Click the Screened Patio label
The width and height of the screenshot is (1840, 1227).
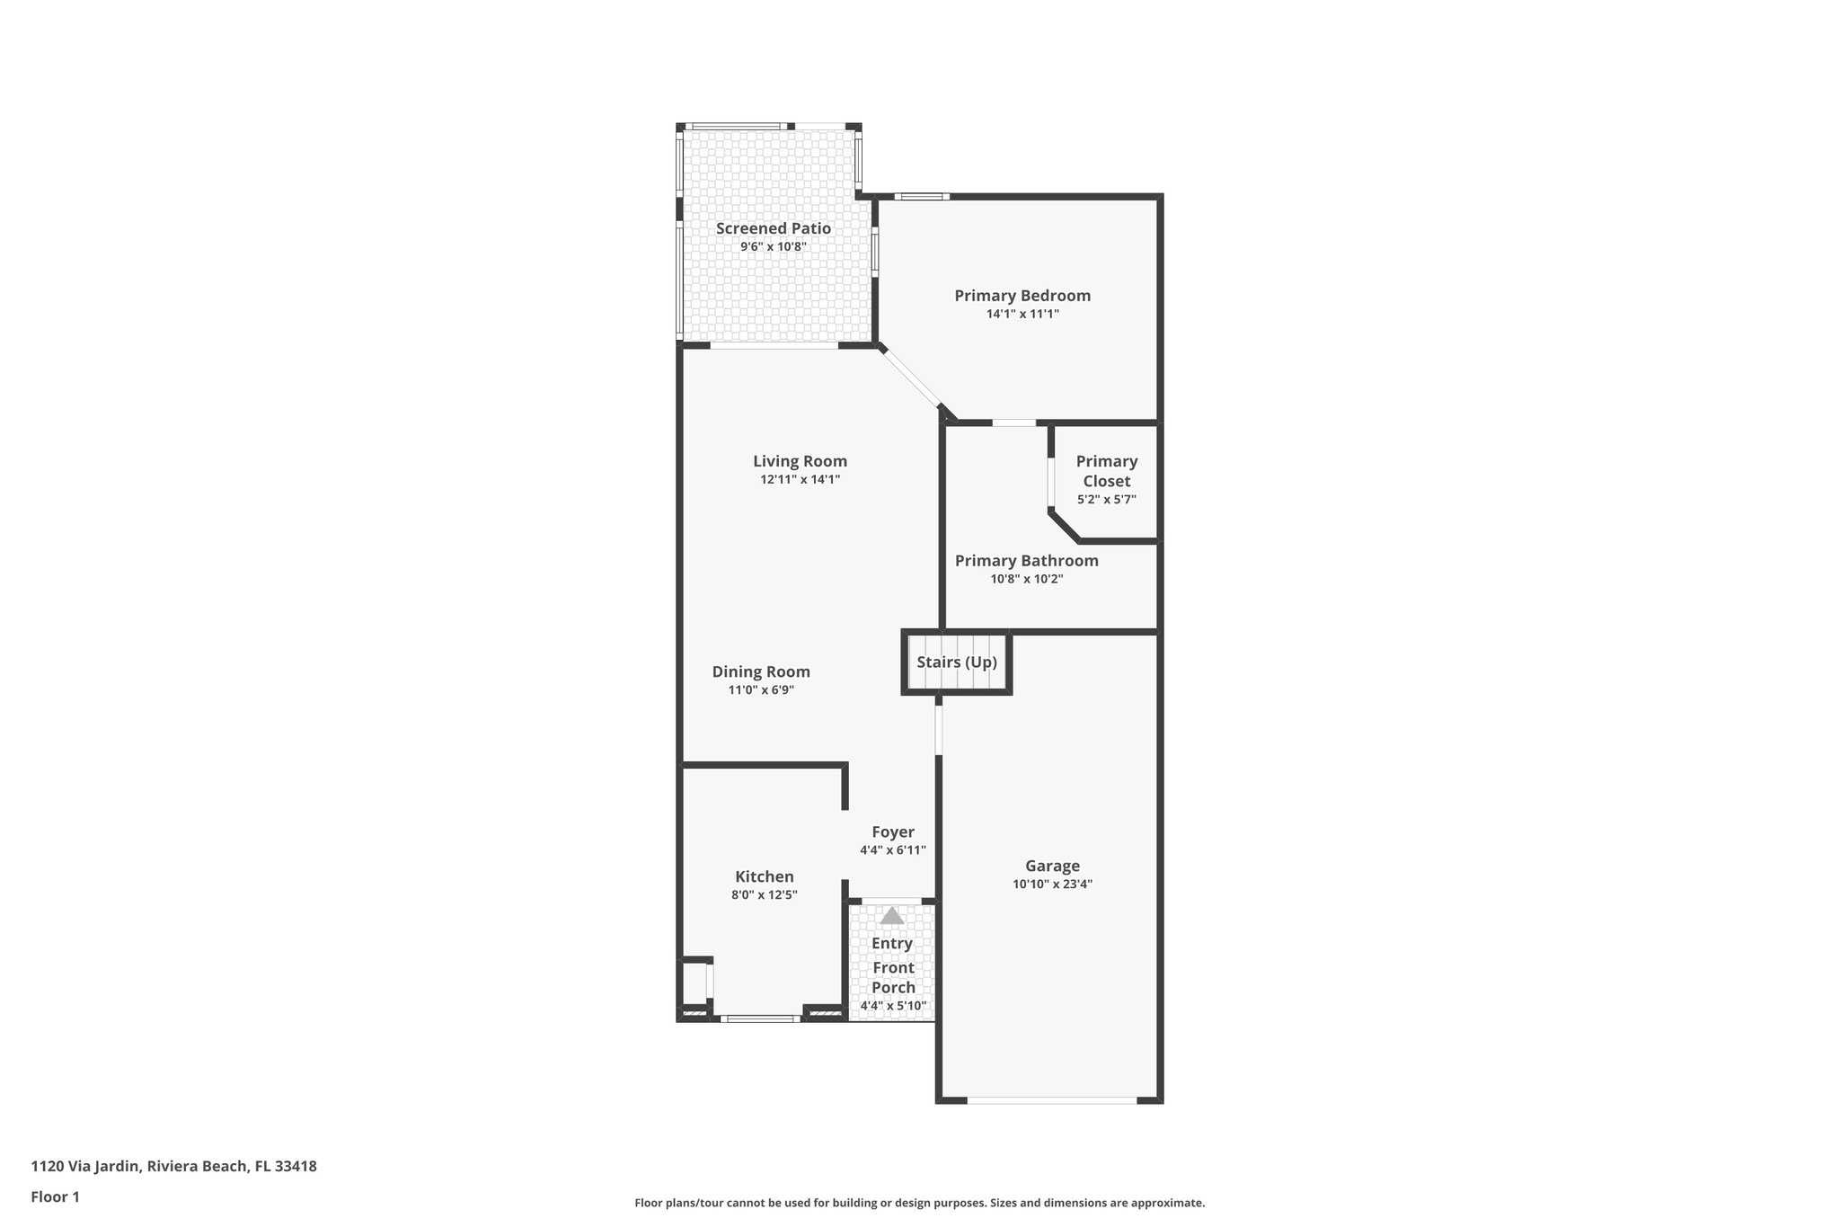(x=773, y=228)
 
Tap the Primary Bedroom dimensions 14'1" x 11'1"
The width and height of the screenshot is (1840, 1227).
(x=1022, y=314)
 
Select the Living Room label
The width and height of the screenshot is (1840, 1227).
(x=800, y=461)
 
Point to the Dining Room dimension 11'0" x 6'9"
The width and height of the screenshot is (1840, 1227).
(x=761, y=690)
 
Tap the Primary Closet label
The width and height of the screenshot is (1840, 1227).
(x=1107, y=471)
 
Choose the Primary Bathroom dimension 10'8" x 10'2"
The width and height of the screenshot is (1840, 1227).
(x=1026, y=579)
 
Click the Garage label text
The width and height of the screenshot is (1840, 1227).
(x=1052, y=866)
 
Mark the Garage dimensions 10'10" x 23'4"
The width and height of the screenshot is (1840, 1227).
(x=1052, y=884)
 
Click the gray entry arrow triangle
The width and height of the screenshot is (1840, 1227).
(x=891, y=916)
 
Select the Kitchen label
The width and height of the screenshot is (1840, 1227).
(x=764, y=876)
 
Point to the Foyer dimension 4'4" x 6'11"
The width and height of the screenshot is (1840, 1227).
(x=892, y=850)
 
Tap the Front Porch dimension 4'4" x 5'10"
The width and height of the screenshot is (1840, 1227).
(x=892, y=1006)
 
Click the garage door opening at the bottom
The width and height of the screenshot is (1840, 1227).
(x=1051, y=1099)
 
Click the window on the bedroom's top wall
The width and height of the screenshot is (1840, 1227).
(x=922, y=196)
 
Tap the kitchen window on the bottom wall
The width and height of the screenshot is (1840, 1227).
(x=760, y=1018)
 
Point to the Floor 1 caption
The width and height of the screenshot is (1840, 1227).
(x=55, y=1196)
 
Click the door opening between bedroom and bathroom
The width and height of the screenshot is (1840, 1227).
(x=1013, y=422)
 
